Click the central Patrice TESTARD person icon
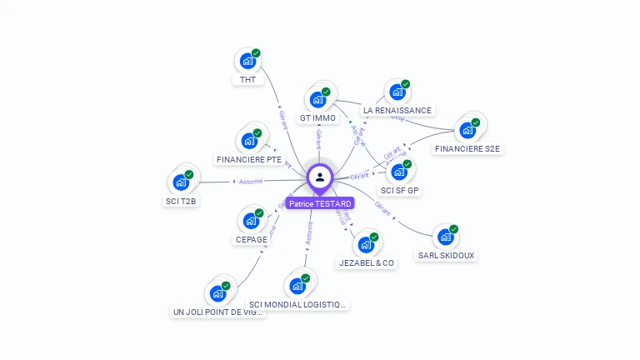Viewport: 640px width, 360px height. (x=320, y=177)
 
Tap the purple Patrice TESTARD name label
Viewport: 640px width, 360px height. (x=320, y=203)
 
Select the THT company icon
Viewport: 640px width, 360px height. (x=247, y=61)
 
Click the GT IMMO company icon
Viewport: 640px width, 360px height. (x=317, y=99)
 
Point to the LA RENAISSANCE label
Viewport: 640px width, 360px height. (x=397, y=110)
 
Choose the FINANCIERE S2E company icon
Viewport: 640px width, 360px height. (x=467, y=130)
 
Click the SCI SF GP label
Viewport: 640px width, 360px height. (x=400, y=190)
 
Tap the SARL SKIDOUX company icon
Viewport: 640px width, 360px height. (x=446, y=237)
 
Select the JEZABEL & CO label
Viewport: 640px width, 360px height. (x=367, y=262)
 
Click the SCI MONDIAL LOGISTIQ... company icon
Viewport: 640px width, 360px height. (x=297, y=286)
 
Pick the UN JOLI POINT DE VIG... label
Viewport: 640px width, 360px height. (x=217, y=312)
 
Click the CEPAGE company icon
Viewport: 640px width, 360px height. (x=251, y=221)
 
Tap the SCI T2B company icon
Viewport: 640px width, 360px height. (x=181, y=182)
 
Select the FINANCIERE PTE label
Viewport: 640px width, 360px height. (x=248, y=159)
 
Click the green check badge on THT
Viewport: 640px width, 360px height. (x=256, y=53)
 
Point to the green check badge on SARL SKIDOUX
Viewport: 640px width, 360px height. (x=454, y=229)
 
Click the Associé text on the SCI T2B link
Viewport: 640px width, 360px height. (x=251, y=181)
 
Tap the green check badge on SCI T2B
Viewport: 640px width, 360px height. (x=189, y=175)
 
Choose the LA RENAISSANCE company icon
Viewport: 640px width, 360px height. (x=397, y=92)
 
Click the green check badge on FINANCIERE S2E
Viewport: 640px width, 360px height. (x=476, y=122)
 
